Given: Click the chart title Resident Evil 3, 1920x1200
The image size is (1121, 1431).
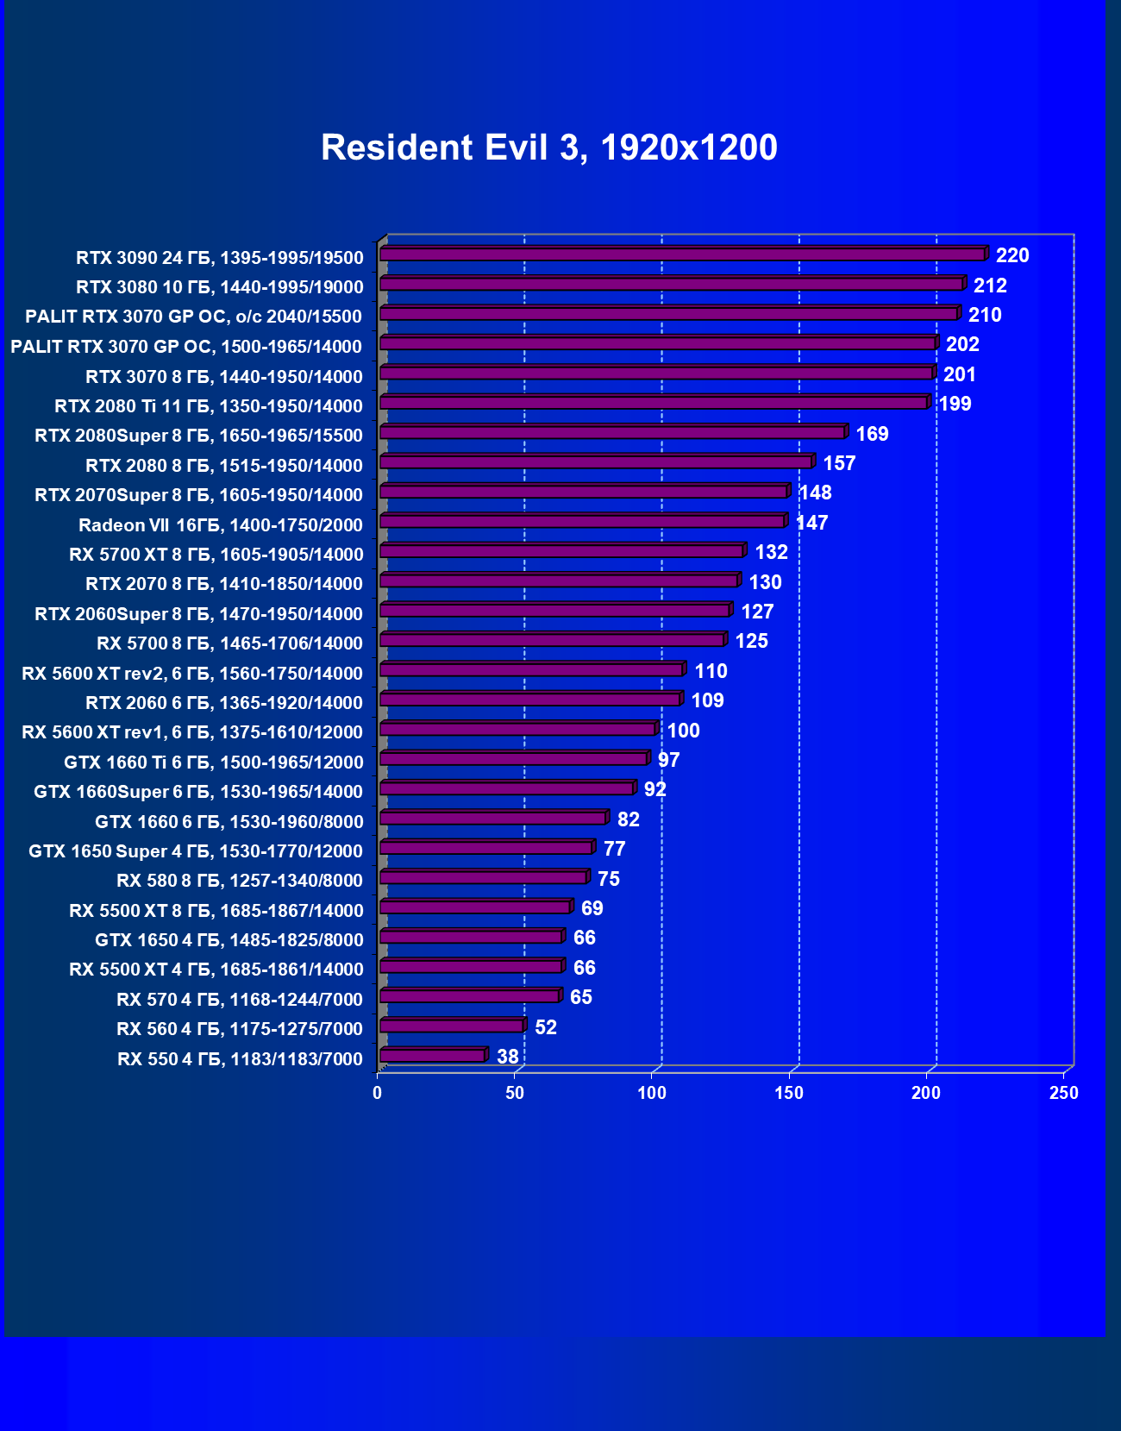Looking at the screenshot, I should pos(549,147).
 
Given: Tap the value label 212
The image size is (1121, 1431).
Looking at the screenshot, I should pos(990,286).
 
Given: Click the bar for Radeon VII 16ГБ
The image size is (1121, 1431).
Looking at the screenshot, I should pos(582,521).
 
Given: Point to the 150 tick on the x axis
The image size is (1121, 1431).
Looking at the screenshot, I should pos(789,1093).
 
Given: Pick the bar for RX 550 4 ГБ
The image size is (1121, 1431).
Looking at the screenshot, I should pos(433,1055).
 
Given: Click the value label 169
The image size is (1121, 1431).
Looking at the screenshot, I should pos(872,434).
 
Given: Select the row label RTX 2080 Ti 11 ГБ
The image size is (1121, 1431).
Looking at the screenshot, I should pos(209,405).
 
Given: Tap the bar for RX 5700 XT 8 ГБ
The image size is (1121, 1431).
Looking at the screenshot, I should pos(561,550).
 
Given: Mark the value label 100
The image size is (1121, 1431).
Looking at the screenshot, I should pos(683,731).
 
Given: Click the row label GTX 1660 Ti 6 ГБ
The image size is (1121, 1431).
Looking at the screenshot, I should pos(214,762).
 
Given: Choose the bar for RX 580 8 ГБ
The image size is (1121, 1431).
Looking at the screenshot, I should pos(483,877).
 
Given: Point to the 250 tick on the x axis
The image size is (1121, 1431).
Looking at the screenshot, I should pos(1064,1093).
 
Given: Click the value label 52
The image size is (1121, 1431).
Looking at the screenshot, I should pos(545,1027).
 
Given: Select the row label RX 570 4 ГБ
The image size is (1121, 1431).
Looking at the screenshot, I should pos(240,999).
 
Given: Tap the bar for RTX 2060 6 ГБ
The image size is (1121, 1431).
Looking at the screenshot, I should pos(530,699).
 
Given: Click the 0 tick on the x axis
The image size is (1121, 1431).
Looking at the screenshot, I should pos(378,1093).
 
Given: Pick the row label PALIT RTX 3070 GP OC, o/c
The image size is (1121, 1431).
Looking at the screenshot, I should pos(194,317).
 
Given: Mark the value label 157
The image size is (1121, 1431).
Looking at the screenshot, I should pos(839,463).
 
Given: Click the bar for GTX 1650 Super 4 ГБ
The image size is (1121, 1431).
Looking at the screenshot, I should pos(486,847).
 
